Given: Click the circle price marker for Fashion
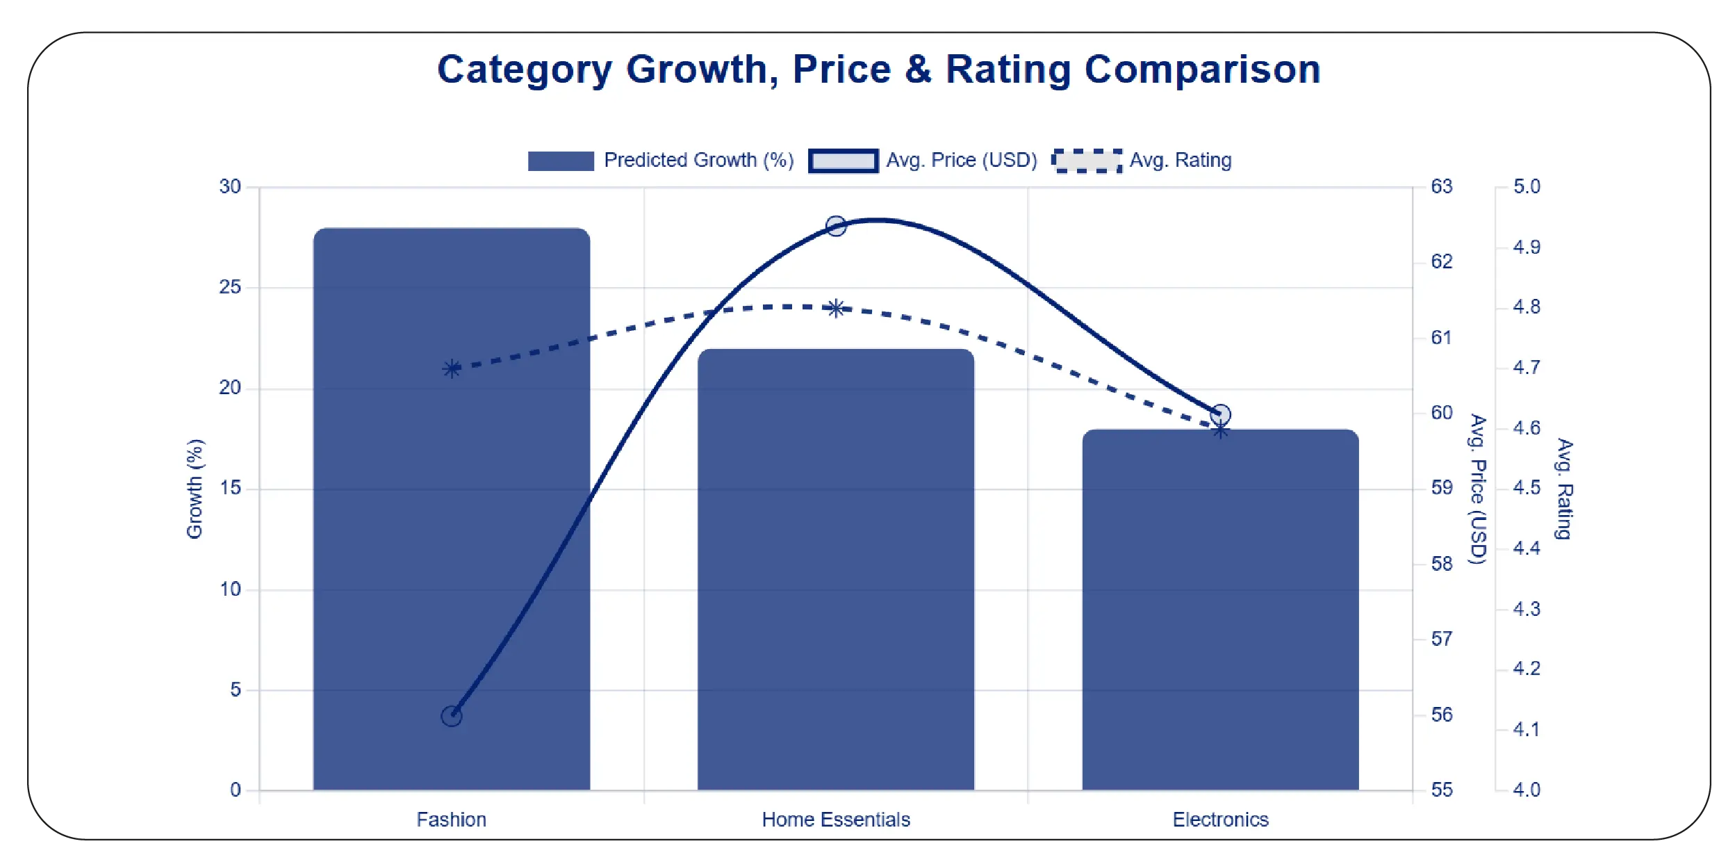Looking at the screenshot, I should click(x=452, y=716).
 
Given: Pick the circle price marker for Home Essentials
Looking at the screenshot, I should click(x=836, y=226).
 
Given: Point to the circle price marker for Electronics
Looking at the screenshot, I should click(x=1221, y=415).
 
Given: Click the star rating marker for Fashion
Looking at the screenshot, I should click(x=452, y=368).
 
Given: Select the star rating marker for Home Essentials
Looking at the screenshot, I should click(x=836, y=309).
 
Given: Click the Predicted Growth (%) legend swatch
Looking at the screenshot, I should click(x=561, y=161).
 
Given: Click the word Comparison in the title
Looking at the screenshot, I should click(x=1202, y=70).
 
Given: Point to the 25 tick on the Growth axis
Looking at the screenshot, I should click(x=230, y=287).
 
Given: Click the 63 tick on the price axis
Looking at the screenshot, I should click(x=1441, y=186).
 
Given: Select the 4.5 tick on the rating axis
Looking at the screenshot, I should click(x=1527, y=488).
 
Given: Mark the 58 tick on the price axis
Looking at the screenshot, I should click(x=1441, y=564).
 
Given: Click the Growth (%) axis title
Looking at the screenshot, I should click(x=195, y=489).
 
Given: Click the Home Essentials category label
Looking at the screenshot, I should click(x=836, y=820).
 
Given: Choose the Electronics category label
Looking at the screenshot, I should click(x=1220, y=820).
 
